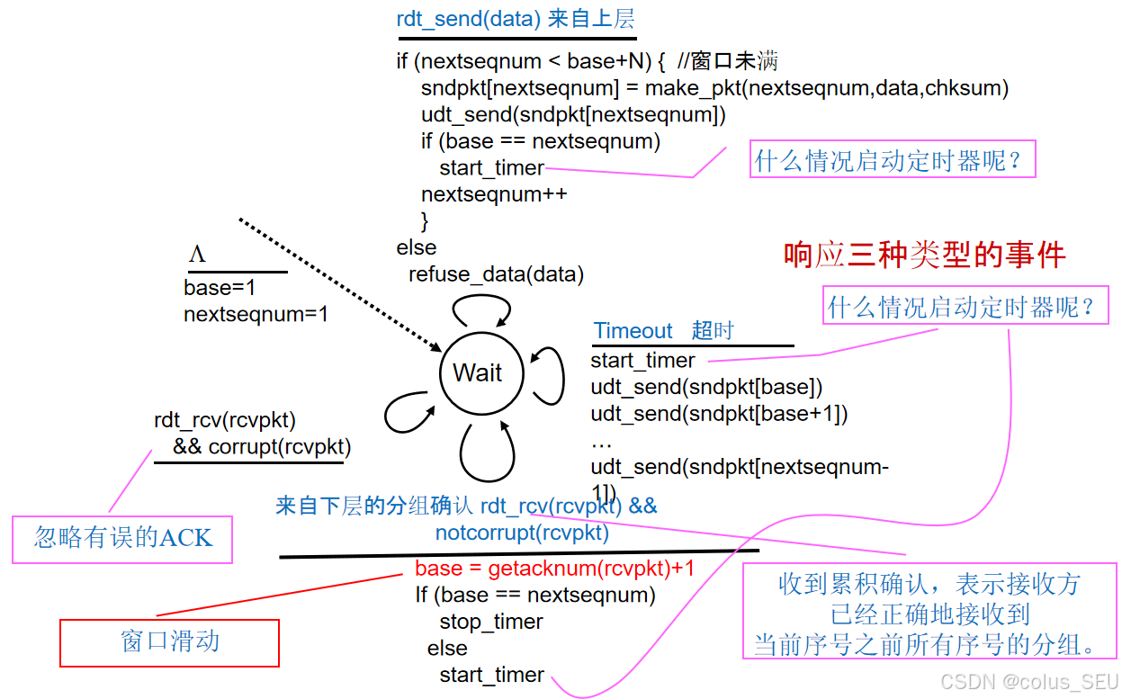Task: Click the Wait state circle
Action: [x=477, y=372]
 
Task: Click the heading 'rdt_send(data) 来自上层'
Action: [x=516, y=20]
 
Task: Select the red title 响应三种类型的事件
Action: [x=924, y=255]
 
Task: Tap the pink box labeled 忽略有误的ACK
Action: [x=122, y=539]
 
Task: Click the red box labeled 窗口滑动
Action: [x=169, y=642]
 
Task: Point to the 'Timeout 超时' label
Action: [x=663, y=331]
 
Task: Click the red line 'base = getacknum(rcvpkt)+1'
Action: [x=554, y=569]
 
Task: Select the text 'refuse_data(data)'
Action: [x=496, y=273]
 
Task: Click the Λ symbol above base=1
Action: [x=197, y=255]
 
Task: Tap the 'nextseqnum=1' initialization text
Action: [x=256, y=314]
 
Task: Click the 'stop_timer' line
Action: [x=491, y=622]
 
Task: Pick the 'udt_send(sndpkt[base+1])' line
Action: [x=719, y=413]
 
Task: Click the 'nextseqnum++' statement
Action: [x=494, y=194]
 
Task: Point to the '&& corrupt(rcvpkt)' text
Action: [x=262, y=447]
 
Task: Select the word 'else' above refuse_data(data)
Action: [x=416, y=247]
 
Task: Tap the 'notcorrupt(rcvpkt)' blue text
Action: [x=522, y=533]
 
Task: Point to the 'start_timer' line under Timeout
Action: [x=642, y=360]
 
